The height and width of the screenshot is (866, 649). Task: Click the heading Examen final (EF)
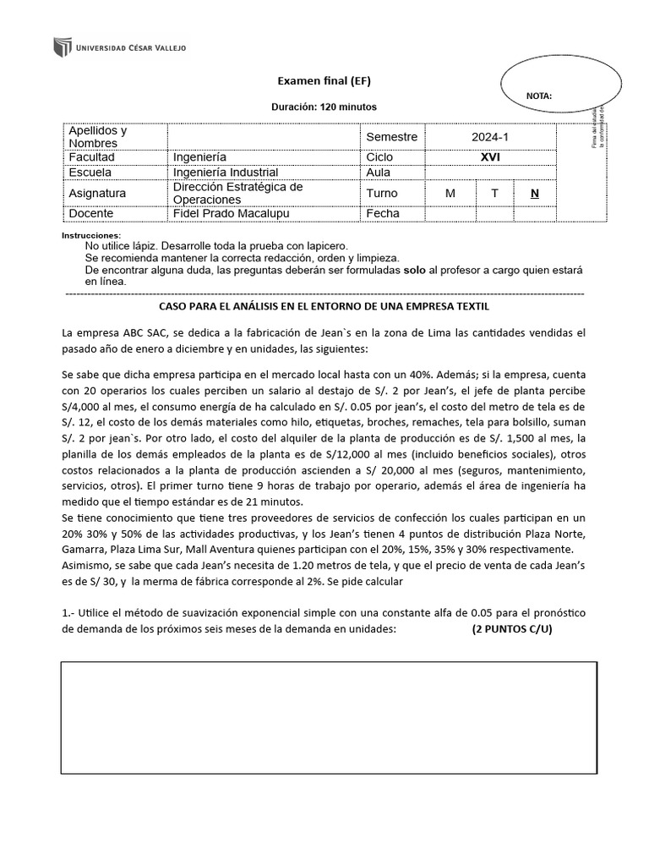pos(324,81)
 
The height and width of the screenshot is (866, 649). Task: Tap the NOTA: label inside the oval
pos(539,96)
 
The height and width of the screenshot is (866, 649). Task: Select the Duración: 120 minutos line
pos(324,107)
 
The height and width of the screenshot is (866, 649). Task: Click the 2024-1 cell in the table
pos(490,137)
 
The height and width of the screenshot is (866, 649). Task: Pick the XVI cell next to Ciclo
pos(490,157)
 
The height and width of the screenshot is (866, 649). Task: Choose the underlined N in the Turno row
pos(534,194)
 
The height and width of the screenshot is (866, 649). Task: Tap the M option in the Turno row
pos(450,194)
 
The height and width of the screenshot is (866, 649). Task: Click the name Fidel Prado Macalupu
pos(231,214)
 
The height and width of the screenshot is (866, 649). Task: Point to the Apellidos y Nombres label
pos(98,137)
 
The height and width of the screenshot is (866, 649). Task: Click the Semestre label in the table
pos(392,137)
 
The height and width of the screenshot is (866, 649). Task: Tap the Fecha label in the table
pos(383,214)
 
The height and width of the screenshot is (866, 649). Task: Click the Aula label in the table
pos(379,173)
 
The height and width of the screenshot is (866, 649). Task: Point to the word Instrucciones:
pos(92,235)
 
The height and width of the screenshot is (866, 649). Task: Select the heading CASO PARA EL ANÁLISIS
pos(324,306)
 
